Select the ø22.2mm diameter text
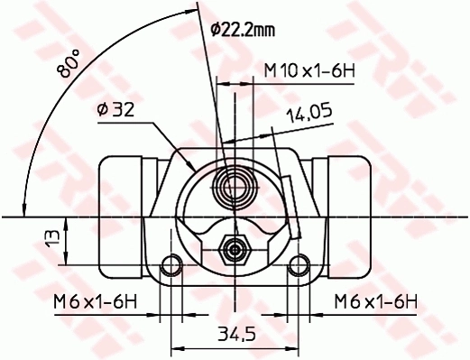[242, 30]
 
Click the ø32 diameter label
[115, 110]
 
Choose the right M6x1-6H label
[374, 300]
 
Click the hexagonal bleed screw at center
[235, 247]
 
